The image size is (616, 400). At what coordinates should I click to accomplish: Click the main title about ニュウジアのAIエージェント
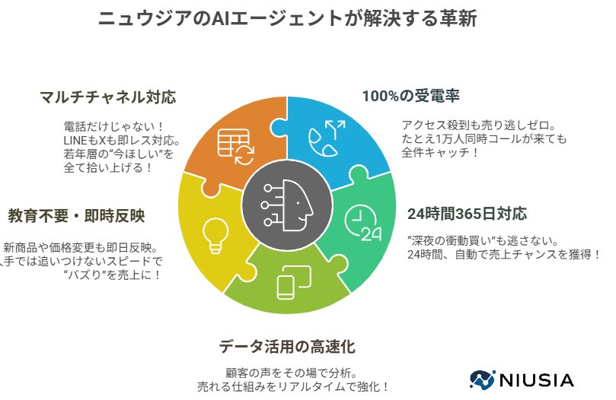[x=288, y=19]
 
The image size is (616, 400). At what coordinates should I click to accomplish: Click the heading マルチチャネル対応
[x=107, y=98]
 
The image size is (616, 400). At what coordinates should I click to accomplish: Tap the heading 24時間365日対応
[x=467, y=213]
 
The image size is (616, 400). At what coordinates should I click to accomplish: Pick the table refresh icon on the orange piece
[x=236, y=147]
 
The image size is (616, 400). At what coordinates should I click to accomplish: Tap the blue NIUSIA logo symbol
[x=483, y=379]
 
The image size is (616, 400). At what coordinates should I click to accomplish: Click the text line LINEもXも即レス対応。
[x=122, y=141]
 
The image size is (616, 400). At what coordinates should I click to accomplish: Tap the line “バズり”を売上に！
[x=113, y=275]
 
